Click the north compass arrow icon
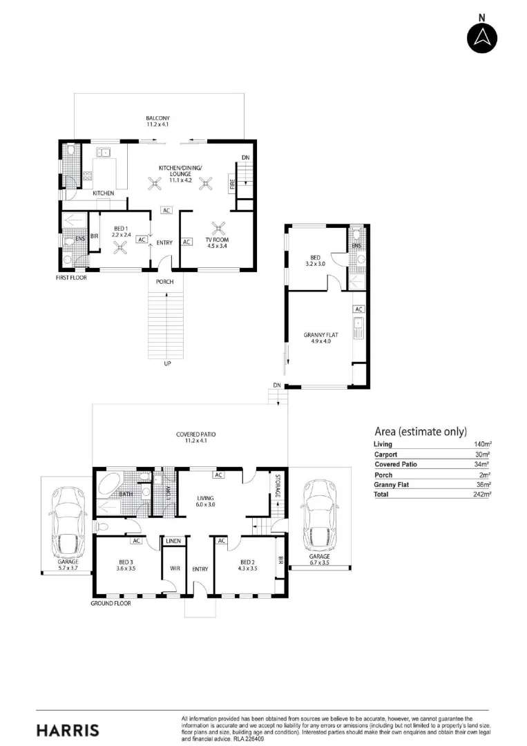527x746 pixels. (482, 37)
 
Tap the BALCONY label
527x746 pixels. (158, 118)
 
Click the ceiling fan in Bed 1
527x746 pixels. (120, 247)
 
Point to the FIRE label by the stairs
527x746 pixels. (233, 184)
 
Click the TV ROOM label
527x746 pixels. (218, 240)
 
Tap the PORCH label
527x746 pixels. (165, 282)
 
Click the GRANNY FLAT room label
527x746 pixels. (321, 335)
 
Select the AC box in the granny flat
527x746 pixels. (358, 309)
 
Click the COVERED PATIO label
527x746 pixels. (196, 434)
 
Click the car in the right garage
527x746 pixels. (320, 515)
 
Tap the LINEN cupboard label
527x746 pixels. (173, 541)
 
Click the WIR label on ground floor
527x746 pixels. (175, 568)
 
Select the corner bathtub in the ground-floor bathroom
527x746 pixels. (110, 486)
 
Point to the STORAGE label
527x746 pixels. (278, 486)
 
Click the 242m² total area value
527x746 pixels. (483, 495)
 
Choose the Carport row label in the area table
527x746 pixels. (385, 455)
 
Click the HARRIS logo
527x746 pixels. (68, 730)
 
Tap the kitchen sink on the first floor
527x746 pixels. (103, 152)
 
